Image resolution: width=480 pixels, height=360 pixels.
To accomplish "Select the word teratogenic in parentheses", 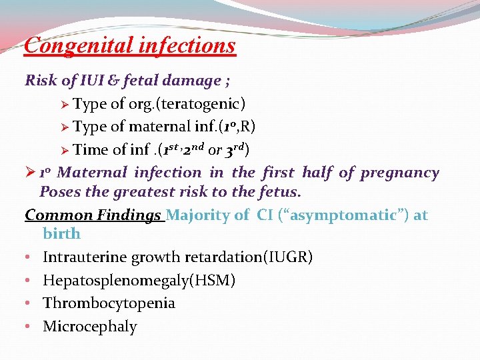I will tap(205, 104).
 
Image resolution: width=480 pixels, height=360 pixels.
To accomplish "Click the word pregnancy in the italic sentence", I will tap(399, 173).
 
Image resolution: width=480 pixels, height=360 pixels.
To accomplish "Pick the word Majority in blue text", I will tap(195, 215).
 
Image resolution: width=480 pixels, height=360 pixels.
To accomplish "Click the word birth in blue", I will tap(61, 234).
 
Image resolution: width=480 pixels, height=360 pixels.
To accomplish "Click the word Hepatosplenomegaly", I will tap(113, 281).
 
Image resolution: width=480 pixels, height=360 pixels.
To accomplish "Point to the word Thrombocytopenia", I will tap(109, 303).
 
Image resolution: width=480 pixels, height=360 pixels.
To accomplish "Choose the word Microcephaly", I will tap(89, 327).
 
